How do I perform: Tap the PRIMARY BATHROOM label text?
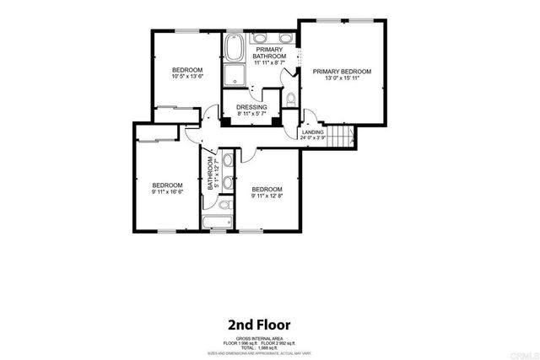[x=270, y=52]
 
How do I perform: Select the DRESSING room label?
[x=251, y=108]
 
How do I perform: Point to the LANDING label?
[x=313, y=132]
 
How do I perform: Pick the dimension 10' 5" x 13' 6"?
[x=187, y=78]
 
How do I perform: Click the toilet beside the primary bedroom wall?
[x=290, y=99]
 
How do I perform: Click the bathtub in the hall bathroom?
[x=219, y=223]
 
